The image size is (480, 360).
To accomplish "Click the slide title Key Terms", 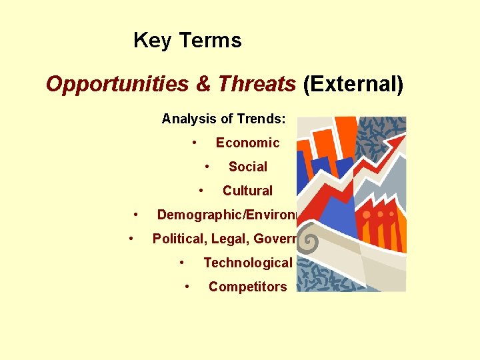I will coord(187,41).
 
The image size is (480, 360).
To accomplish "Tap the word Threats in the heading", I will coord(256,85).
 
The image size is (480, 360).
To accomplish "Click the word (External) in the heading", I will coord(353,85).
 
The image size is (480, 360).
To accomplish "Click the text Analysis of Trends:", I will coord(223,119).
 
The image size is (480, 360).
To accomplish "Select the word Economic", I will coord(247,143).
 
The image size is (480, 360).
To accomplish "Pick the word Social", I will coord(247,167).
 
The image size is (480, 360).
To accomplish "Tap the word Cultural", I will coord(247,191).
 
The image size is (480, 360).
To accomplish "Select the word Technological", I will coord(247,263).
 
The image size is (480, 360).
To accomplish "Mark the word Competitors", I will coord(247,287).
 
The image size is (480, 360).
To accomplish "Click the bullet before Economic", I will coord(193,141).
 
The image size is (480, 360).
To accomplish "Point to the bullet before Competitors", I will coord(187,285).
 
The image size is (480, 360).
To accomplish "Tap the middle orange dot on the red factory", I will coord(381,215).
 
